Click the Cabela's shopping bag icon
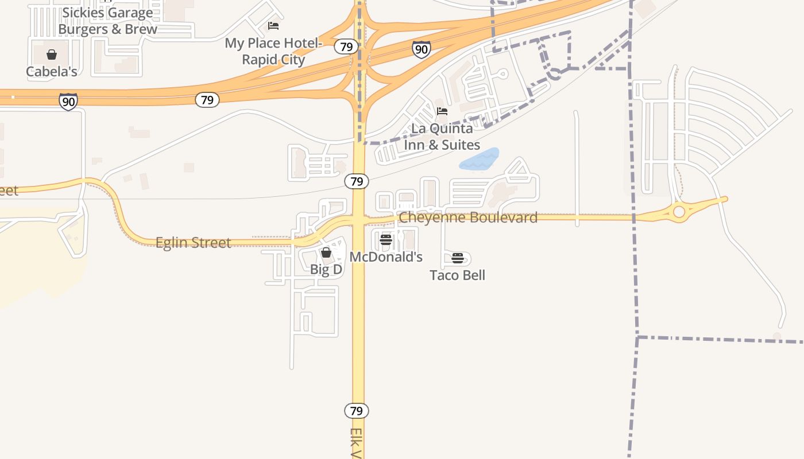52,55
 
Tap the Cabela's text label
52,72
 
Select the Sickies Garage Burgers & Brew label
107,21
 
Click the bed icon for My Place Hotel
273,26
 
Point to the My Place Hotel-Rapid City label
273,51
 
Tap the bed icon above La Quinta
442,111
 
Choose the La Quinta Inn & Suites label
442,137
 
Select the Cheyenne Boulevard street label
468,217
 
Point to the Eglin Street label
194,243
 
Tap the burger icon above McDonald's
386,239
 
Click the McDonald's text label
386,257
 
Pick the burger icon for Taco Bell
458,258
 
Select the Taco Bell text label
458,275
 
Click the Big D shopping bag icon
326,252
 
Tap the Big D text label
326,269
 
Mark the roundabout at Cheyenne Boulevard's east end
679,212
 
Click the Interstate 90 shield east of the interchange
422,49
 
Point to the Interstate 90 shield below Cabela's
68,102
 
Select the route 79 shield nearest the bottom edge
357,411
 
